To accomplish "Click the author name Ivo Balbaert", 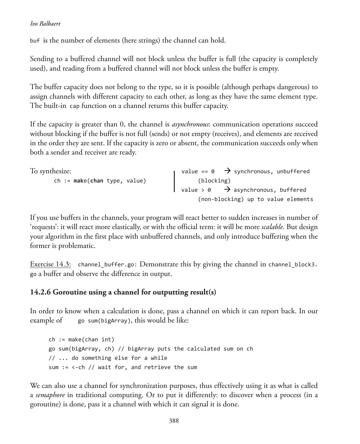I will [x=45, y=24].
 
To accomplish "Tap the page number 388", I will [x=174, y=421].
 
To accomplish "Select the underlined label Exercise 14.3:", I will [x=50, y=264].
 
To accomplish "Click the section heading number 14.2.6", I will [x=40, y=292].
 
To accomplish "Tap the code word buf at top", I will [x=35, y=41].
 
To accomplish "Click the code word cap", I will [x=75, y=106].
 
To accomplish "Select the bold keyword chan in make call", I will [x=96, y=181].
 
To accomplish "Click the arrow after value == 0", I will [x=227, y=171].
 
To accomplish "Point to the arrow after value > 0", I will [x=227, y=189].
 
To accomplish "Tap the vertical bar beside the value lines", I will [x=174, y=181].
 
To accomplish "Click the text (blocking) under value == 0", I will [x=214, y=181].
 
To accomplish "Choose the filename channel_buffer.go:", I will [x=108, y=265].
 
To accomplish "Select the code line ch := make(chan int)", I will [x=81, y=339].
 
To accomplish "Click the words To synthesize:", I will [x=50, y=171].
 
